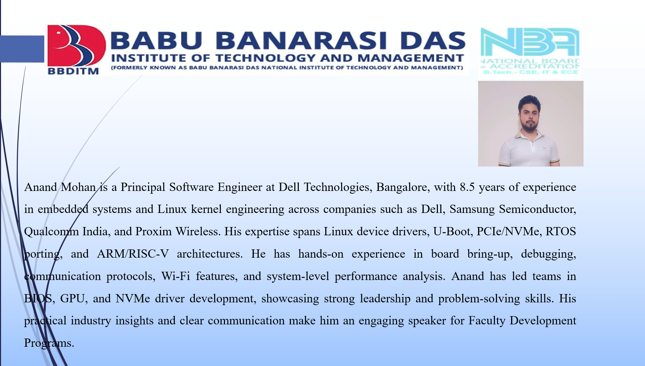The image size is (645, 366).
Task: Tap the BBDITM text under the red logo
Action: point(73,71)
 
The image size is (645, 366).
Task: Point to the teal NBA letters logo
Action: point(530,42)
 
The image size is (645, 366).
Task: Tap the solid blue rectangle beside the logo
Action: point(22,49)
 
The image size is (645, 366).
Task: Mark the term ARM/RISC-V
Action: point(133,254)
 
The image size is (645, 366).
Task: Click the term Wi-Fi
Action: point(176,276)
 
